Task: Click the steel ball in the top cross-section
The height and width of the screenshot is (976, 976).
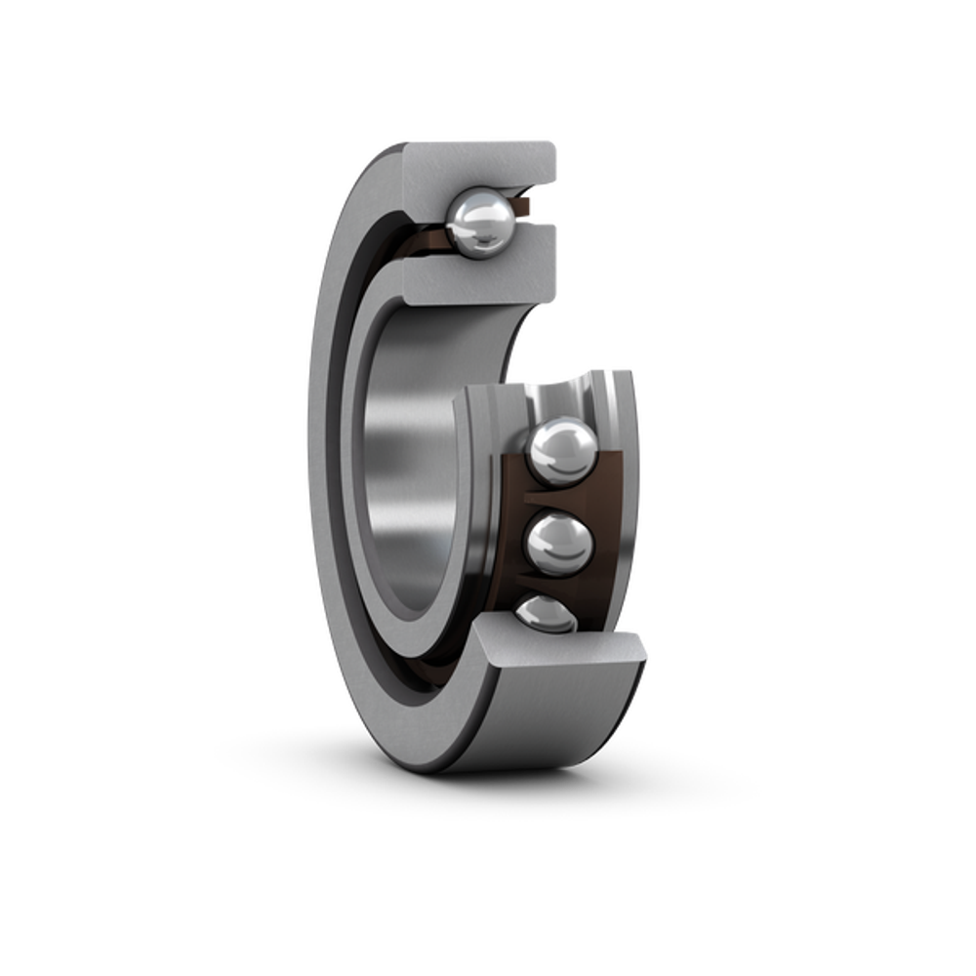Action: tap(477, 224)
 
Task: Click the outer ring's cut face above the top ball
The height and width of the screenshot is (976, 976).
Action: tap(478, 164)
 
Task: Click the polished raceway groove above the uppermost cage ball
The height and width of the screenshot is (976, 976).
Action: tap(576, 395)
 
